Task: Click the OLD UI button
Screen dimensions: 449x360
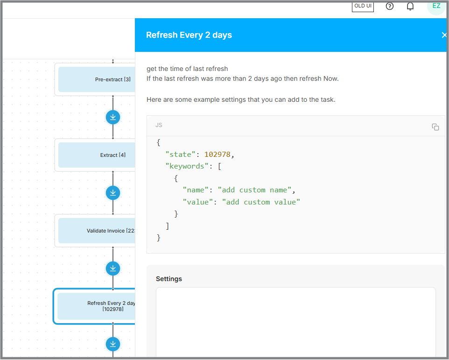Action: tap(363, 7)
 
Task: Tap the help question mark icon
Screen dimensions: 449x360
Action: tap(390, 6)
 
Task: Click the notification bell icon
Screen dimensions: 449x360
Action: tap(410, 6)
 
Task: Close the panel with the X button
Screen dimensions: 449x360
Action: tap(444, 35)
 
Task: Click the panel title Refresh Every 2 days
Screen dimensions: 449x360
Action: tap(189, 35)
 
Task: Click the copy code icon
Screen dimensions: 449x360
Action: tap(435, 127)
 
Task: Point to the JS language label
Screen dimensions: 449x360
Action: tap(159, 125)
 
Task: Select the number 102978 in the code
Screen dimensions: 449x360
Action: tap(217, 155)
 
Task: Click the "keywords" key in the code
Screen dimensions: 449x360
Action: tap(187, 166)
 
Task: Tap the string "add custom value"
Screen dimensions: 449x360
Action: tap(261, 202)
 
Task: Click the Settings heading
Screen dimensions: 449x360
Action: tap(169, 279)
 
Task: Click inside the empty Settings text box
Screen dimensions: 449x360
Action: tap(295, 322)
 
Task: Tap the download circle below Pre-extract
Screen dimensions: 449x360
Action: tap(113, 117)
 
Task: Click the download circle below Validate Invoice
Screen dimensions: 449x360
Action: tap(113, 268)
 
